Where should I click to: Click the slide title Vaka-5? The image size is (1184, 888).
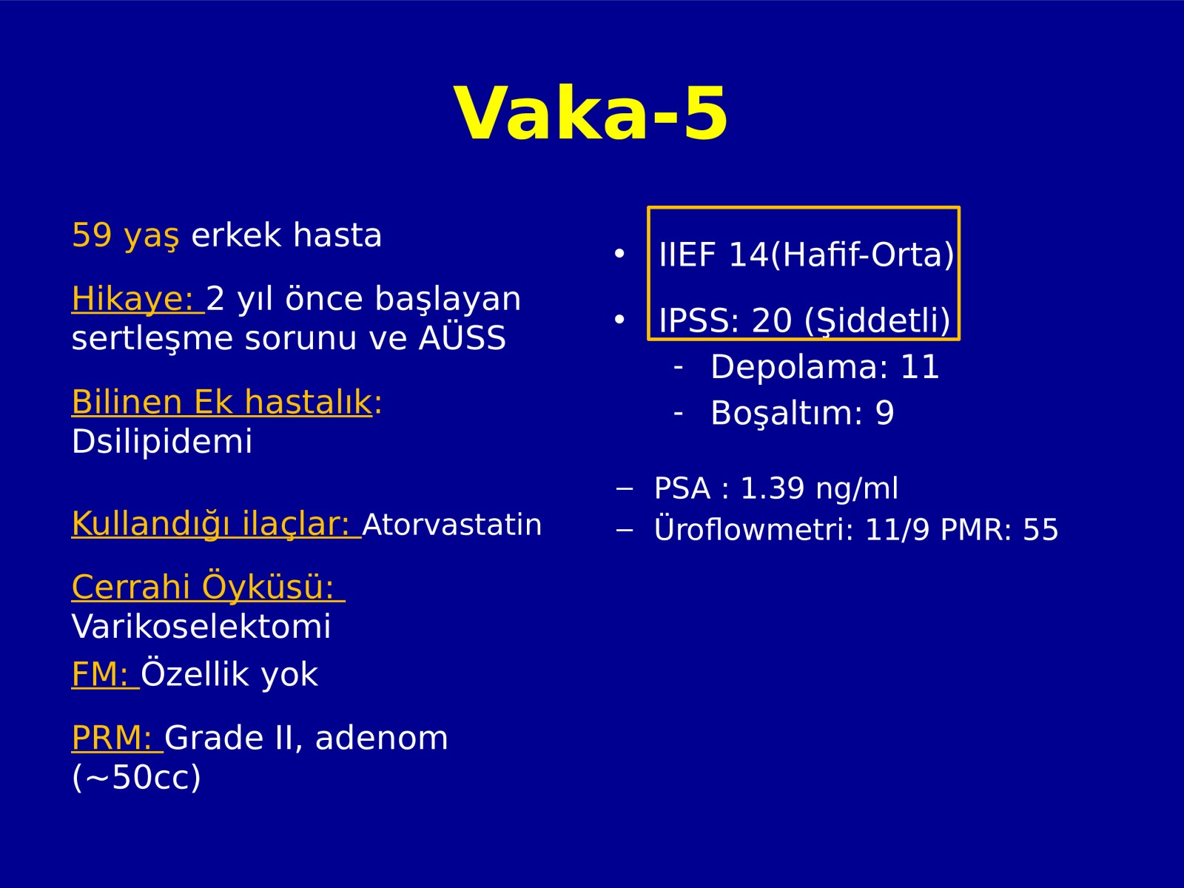pyautogui.click(x=591, y=114)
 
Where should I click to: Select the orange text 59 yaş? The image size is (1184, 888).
pyautogui.click(x=125, y=235)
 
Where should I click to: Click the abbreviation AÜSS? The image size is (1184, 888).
pyautogui.click(x=462, y=338)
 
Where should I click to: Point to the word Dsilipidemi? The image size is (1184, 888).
pyautogui.click(x=162, y=441)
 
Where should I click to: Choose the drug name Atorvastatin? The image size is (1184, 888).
pyautogui.click(x=452, y=525)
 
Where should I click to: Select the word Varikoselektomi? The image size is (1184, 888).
pyautogui.click(x=201, y=626)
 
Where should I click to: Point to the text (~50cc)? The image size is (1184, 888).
pyautogui.click(x=136, y=777)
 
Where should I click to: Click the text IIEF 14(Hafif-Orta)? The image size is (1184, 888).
pyautogui.click(x=807, y=255)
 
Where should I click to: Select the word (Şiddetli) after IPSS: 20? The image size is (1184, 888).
pyautogui.click(x=877, y=321)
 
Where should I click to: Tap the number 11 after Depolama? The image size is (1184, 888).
pyautogui.click(x=920, y=367)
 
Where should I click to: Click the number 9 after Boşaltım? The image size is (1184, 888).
pyautogui.click(x=884, y=413)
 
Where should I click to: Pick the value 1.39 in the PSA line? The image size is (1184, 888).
pyautogui.click(x=773, y=488)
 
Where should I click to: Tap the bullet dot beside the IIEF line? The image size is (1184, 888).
pyautogui.click(x=619, y=253)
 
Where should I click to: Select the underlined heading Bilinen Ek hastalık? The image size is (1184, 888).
pyautogui.click(x=222, y=402)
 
